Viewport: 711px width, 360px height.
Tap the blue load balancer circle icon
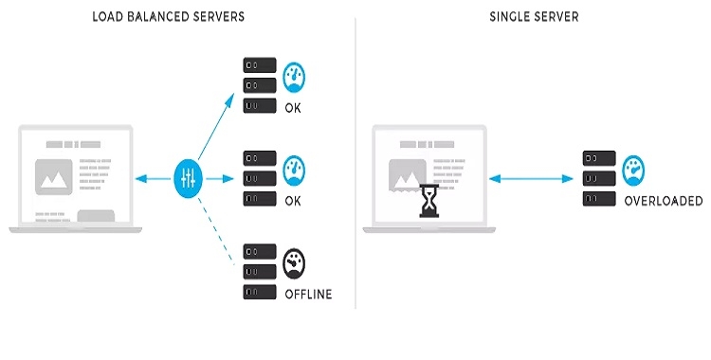(187, 177)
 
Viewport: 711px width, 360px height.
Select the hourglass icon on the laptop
(430, 201)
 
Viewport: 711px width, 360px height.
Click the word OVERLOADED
(663, 201)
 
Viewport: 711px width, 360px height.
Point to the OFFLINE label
(308, 294)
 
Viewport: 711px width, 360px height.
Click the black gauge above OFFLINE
(296, 261)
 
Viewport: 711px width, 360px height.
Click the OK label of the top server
(293, 108)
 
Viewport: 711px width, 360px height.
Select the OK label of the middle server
(293, 201)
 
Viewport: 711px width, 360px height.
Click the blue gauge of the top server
(296, 77)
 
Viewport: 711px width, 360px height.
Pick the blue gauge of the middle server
(296, 171)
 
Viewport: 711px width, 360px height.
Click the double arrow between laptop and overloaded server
(534, 177)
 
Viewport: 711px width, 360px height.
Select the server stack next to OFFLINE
(259, 271)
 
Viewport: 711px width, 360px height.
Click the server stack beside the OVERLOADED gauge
(598, 178)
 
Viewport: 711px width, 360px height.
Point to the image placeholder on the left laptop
(53, 177)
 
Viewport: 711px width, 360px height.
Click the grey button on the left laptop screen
(96, 216)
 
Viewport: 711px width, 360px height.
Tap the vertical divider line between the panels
(355, 161)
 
